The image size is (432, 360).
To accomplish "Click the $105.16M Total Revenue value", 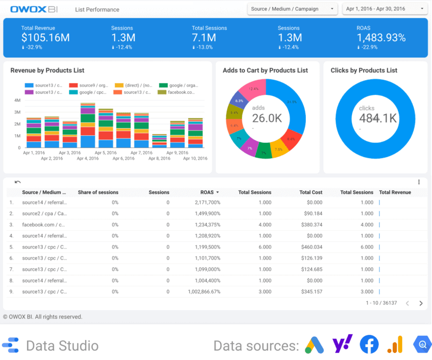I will pyautogui.click(x=45, y=38).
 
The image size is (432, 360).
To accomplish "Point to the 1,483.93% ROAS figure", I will pyautogui.click(x=381, y=38).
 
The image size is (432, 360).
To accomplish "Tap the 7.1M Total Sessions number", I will pyautogui.click(x=204, y=38).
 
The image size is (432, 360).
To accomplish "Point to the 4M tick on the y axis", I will pyautogui.click(x=17, y=100).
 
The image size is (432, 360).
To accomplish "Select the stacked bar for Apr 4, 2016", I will pyautogui.click(x=88, y=126).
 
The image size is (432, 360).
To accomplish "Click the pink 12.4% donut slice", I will pyautogui.click(x=252, y=91).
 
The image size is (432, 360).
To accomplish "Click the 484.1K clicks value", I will pyautogui.click(x=378, y=118).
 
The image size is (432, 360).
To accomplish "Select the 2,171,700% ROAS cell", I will pyautogui.click(x=207, y=203).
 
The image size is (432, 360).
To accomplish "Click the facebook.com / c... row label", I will pyautogui.click(x=44, y=225).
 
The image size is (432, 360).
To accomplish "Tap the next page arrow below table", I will pyautogui.click(x=421, y=303).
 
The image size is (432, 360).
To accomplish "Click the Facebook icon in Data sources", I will pyautogui.click(x=369, y=345).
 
